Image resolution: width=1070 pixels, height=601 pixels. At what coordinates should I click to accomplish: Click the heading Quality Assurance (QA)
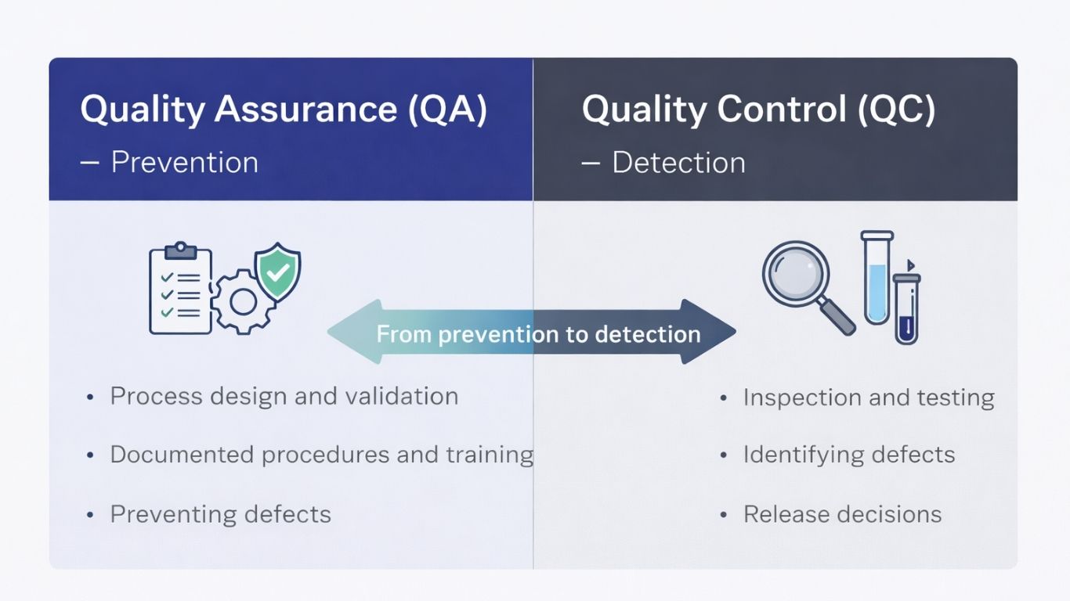pyautogui.click(x=284, y=109)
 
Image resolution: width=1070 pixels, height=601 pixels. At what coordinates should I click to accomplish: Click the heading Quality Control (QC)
pyautogui.click(x=758, y=109)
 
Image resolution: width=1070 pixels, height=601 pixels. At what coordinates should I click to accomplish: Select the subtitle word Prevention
pyautogui.click(x=184, y=162)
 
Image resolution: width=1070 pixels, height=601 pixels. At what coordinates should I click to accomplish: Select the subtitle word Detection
pyautogui.click(x=678, y=162)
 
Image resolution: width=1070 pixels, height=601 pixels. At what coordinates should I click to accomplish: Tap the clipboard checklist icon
pyautogui.click(x=180, y=290)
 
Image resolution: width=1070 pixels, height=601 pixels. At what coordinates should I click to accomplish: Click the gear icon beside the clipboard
pyautogui.click(x=242, y=301)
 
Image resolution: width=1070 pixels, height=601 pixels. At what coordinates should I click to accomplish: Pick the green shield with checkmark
pyautogui.click(x=278, y=272)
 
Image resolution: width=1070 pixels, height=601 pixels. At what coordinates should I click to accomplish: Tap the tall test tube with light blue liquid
pyautogui.click(x=877, y=278)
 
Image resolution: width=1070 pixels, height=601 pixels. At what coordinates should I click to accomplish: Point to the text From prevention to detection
pyautogui.click(x=538, y=334)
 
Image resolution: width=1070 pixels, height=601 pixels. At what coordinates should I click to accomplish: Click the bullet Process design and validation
pyautogui.click(x=284, y=396)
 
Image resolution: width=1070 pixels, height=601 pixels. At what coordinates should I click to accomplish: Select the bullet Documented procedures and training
pyautogui.click(x=321, y=455)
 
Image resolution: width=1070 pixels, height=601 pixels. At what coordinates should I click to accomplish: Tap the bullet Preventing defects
pyautogui.click(x=220, y=514)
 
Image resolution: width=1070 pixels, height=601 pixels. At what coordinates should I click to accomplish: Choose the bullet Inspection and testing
pyautogui.click(x=868, y=398)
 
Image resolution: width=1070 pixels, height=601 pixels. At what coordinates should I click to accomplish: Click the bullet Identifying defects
pyautogui.click(x=848, y=455)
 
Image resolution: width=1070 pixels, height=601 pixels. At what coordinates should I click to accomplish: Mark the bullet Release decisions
pyautogui.click(x=842, y=514)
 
